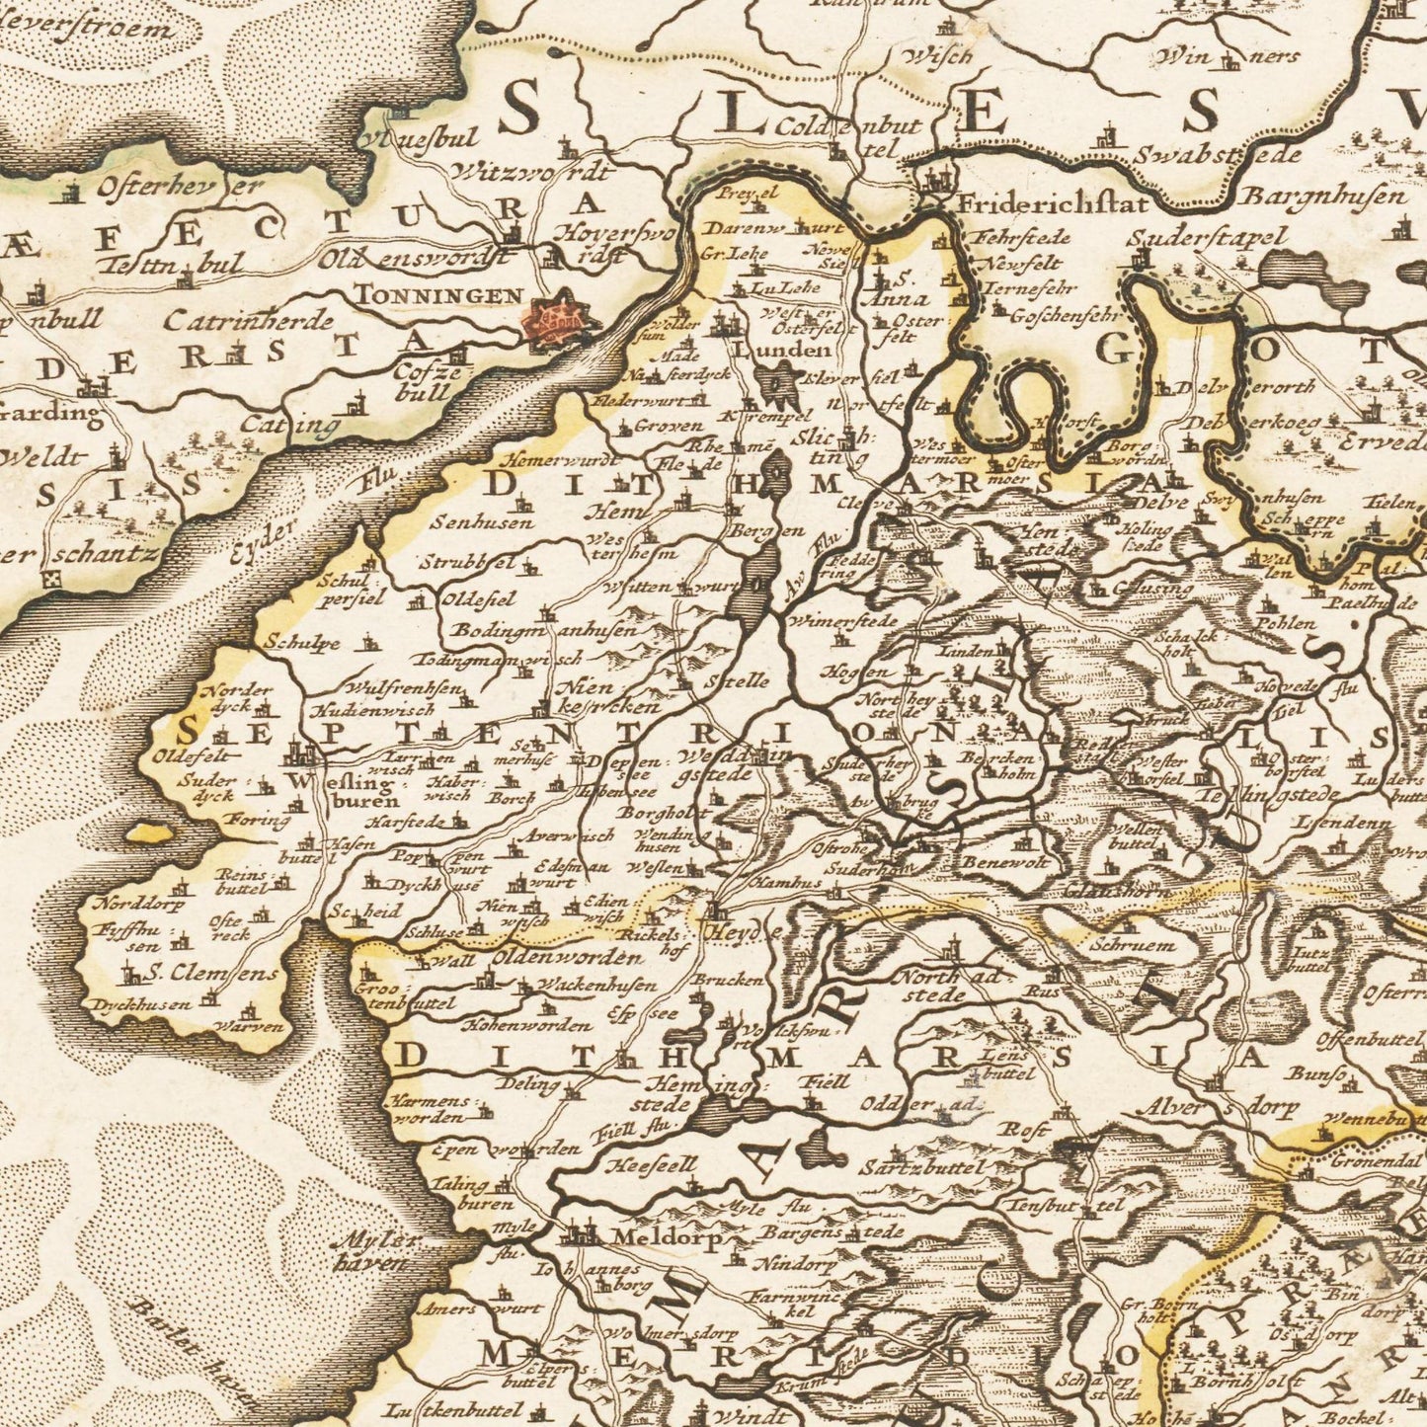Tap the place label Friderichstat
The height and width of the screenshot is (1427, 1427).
point(1054,205)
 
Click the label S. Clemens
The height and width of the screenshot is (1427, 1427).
point(212,974)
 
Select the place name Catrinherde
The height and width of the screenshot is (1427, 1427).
point(249,320)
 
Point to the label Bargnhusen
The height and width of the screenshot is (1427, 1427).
point(1323,196)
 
